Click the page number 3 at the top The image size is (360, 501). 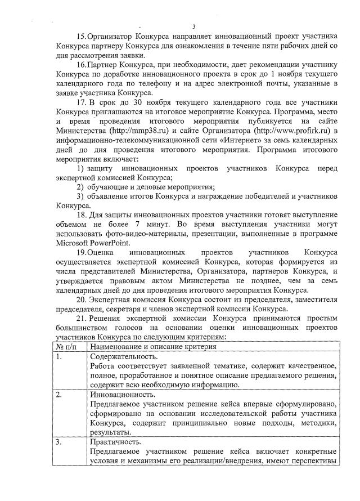pyautogui.click(x=193, y=26)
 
